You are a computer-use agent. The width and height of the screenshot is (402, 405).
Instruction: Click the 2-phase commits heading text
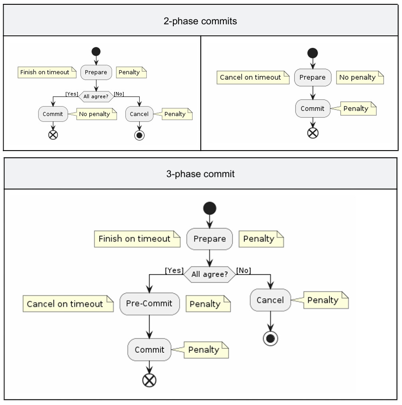pyautogui.click(x=200, y=21)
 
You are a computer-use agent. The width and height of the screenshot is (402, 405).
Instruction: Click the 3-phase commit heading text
pyautogui.click(x=200, y=174)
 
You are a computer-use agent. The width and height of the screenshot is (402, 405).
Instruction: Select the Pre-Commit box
pyautogui.click(x=149, y=303)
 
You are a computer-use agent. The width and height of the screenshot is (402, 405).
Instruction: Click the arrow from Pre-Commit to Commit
pyautogui.click(x=149, y=327)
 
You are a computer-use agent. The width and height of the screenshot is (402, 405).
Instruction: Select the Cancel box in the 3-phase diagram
pyautogui.click(x=270, y=300)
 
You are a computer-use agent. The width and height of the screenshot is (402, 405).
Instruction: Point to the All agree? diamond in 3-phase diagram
pyautogui.click(x=209, y=274)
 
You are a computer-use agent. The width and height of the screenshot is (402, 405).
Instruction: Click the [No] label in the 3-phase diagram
pyautogui.click(x=244, y=271)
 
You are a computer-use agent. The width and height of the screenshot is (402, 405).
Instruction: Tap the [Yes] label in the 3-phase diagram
pyautogui.click(x=174, y=271)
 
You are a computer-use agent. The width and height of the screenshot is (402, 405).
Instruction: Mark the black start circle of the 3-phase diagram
pyautogui.click(x=209, y=208)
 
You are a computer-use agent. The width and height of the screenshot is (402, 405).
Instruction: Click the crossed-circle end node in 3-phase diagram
pyautogui.click(x=149, y=380)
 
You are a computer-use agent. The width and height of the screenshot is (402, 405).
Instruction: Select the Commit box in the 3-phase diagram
pyautogui.click(x=149, y=350)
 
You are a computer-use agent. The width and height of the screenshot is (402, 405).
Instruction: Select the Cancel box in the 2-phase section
pyautogui.click(x=139, y=114)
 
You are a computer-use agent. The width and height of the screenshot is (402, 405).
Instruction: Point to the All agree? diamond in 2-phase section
pyautogui.click(x=96, y=96)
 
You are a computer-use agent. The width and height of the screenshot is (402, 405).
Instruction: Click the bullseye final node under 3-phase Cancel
pyautogui.click(x=270, y=338)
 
